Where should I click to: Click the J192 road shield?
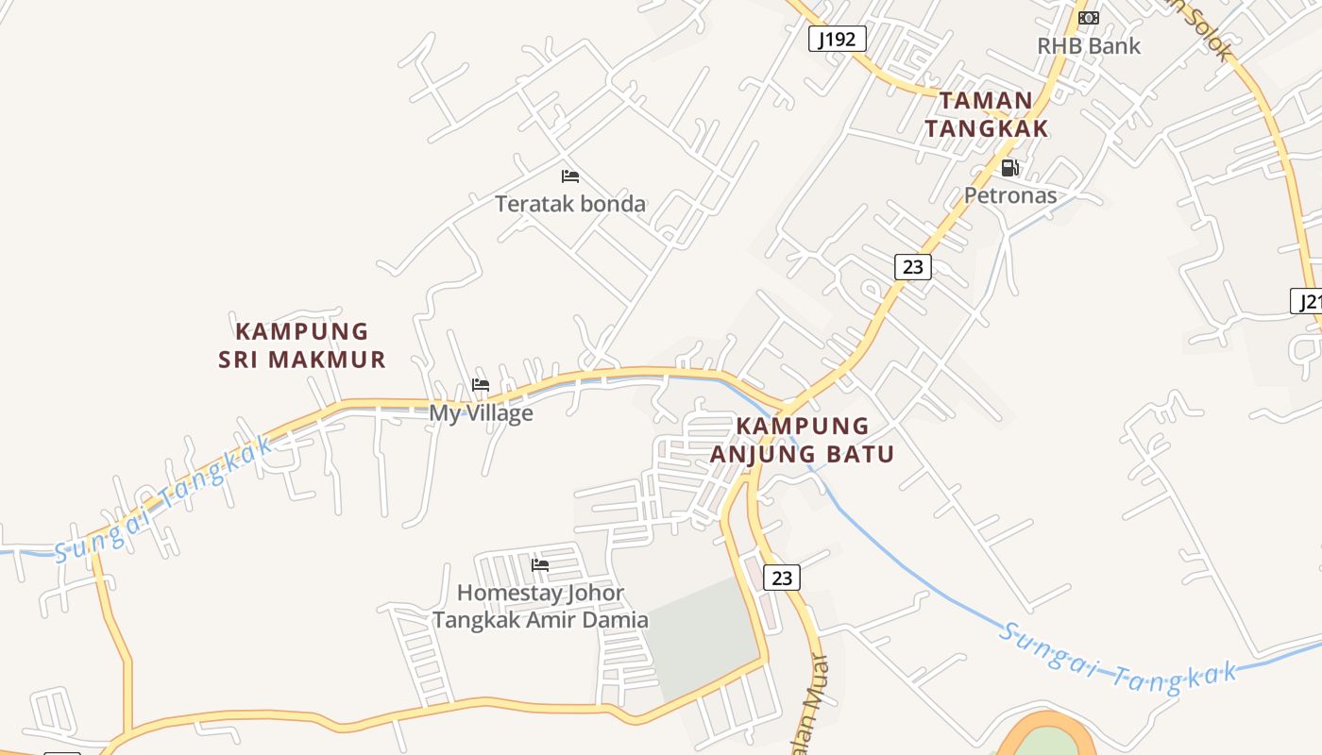pyautogui.click(x=838, y=39)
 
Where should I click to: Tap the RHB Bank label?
pyautogui.click(x=1089, y=45)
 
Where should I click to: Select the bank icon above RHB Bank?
pyautogui.click(x=1089, y=18)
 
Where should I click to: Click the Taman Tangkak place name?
pyautogui.click(x=986, y=114)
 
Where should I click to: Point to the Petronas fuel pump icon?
pyautogui.click(x=1009, y=168)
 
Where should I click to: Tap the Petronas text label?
pyautogui.click(x=1009, y=195)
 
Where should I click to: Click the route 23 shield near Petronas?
pyautogui.click(x=912, y=267)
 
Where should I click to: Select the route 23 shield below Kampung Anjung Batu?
pyautogui.click(x=781, y=578)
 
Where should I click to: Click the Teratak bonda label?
pyautogui.click(x=570, y=203)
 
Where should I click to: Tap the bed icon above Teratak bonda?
pyautogui.click(x=569, y=176)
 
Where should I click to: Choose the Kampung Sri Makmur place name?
pyautogui.click(x=302, y=345)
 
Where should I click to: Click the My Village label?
pyautogui.click(x=481, y=413)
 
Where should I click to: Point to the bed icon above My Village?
pyautogui.click(x=481, y=385)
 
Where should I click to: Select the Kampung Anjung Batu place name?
pyautogui.click(x=802, y=440)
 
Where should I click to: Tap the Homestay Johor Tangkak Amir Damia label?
pyautogui.click(x=540, y=606)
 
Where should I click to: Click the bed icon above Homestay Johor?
pyautogui.click(x=540, y=565)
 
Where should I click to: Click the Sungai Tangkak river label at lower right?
pyautogui.click(x=1118, y=659)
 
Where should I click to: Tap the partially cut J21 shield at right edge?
pyautogui.click(x=1307, y=302)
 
